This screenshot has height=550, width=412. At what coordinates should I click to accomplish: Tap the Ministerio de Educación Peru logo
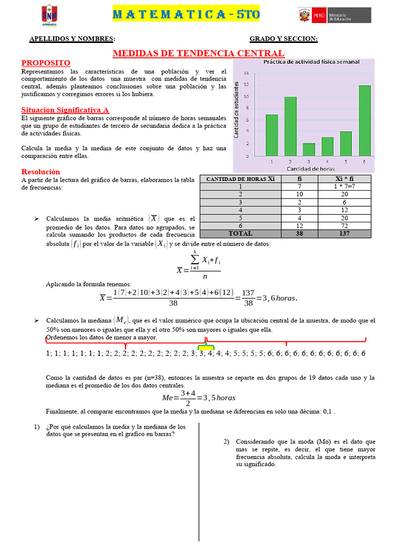334,15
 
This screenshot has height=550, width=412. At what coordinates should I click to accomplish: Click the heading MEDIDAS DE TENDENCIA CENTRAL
198,53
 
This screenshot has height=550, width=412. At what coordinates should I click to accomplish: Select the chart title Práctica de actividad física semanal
311,62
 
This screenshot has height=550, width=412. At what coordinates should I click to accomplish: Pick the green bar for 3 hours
309,149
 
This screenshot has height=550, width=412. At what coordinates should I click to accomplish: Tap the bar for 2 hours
290,126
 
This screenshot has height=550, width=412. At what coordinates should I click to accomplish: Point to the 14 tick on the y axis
246,74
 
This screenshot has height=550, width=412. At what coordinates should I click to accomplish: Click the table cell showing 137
344,234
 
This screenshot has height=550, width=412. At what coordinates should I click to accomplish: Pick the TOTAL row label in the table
240,234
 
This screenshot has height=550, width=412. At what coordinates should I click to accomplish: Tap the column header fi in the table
299,179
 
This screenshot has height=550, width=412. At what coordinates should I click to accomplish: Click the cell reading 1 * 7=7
344,186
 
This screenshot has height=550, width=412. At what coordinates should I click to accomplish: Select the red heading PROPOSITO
46,63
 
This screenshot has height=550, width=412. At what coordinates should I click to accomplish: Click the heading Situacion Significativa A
65,110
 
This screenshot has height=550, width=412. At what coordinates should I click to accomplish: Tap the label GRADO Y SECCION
283,39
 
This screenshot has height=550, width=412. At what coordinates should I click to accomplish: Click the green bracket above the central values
206,348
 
